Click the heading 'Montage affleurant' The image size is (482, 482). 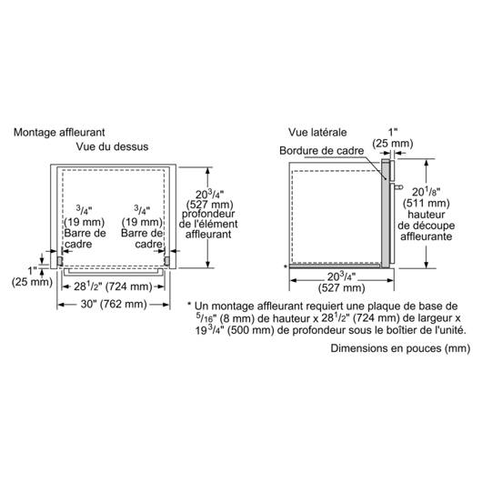59,133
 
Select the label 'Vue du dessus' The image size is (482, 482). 112,146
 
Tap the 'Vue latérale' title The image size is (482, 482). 317,133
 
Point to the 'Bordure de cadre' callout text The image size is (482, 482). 322,151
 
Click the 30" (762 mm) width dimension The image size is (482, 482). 114,304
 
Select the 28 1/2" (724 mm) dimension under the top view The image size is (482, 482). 113,286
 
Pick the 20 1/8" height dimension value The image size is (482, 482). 426,192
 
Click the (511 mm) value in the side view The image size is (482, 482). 426,203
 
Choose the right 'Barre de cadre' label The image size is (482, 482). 142,238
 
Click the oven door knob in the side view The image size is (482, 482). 398,186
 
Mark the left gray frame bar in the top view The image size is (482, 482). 60,261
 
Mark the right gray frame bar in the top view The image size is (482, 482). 167,261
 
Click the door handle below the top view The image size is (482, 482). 114,272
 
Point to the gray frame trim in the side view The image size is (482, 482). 386,213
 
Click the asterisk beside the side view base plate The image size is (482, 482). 286,266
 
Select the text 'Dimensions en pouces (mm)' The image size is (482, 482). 400,348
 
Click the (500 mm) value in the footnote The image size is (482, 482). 250,330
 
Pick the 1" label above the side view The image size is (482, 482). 393,133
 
